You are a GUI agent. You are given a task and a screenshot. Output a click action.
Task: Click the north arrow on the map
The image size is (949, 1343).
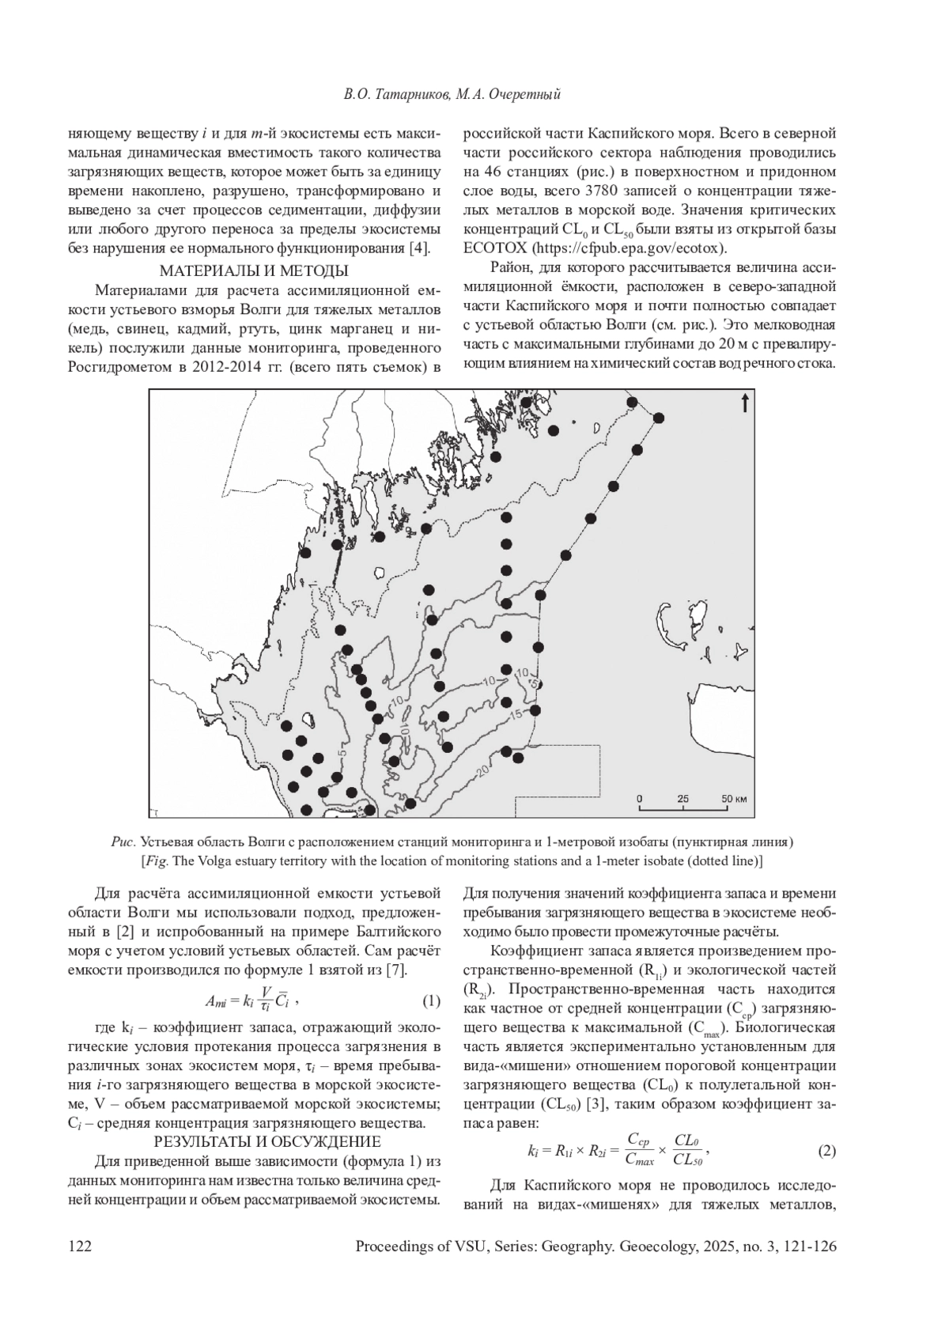[x=744, y=404]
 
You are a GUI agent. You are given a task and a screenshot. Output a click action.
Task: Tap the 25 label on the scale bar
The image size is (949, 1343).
[x=683, y=798]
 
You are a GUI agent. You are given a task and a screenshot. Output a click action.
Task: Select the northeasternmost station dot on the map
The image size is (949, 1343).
[x=658, y=418]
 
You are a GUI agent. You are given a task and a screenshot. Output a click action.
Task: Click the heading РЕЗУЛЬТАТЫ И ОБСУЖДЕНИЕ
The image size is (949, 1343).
[x=267, y=1142]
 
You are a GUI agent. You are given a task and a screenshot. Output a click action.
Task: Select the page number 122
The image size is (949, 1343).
[x=81, y=1247]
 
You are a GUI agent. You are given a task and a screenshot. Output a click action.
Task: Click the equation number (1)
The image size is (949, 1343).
[x=430, y=1001]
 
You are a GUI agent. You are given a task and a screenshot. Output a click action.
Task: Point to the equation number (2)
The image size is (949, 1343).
[x=826, y=1151]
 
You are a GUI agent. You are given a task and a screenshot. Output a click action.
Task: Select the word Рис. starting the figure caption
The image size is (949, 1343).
[x=123, y=841]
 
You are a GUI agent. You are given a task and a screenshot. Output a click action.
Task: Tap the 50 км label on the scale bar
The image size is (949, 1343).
[x=734, y=798]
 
